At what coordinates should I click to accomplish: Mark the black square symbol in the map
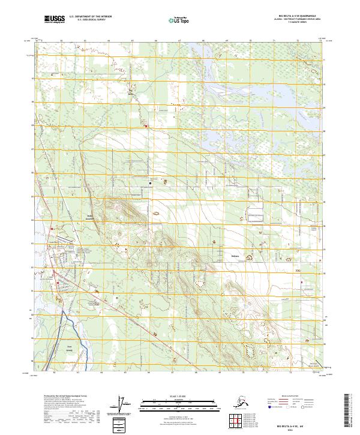click(x=150, y=183)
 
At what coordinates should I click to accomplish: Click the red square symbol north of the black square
click(x=145, y=126)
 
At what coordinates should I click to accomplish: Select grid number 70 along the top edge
click(x=250, y=41)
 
